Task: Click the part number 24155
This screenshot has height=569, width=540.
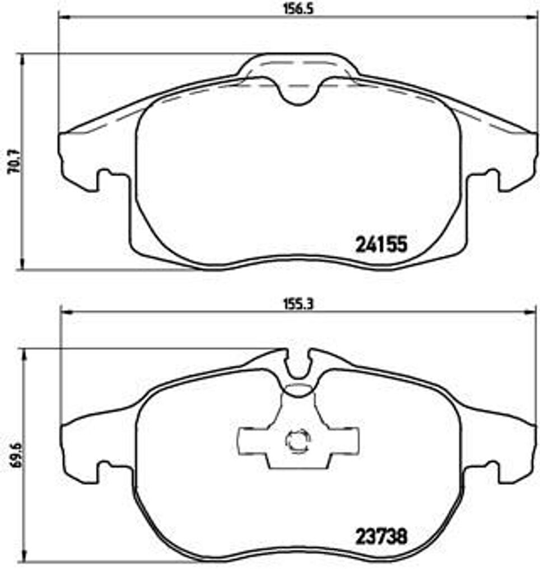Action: tap(380, 245)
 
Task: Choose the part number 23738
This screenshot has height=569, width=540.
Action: tap(380, 537)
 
